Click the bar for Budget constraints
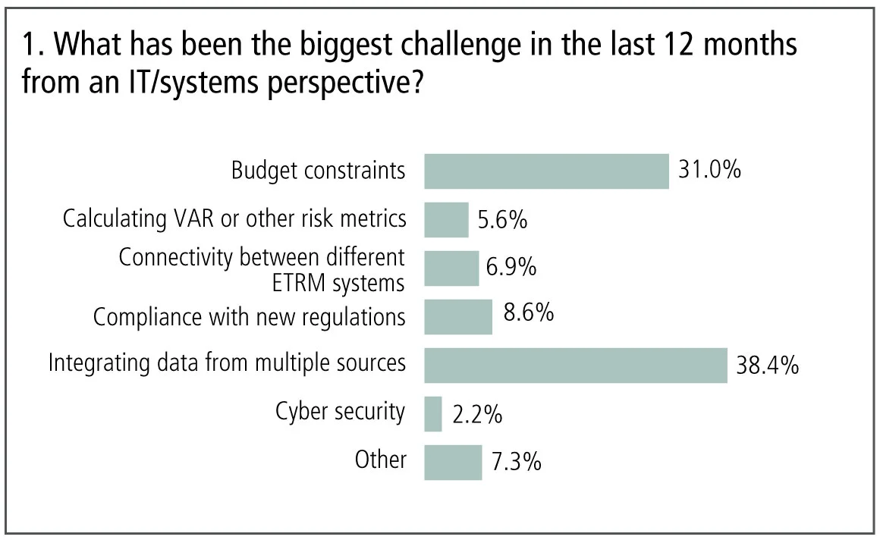click(546, 171)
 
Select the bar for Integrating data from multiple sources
click(575, 365)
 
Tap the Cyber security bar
click(433, 413)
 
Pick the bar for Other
click(453, 462)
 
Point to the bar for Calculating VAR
click(446, 219)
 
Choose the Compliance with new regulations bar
click(458, 316)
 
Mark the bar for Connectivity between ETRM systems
click(451, 268)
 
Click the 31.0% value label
click(709, 169)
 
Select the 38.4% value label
click(767, 366)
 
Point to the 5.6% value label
click(501, 220)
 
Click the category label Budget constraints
click(319, 171)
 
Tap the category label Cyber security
click(340, 412)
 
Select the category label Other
click(380, 460)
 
